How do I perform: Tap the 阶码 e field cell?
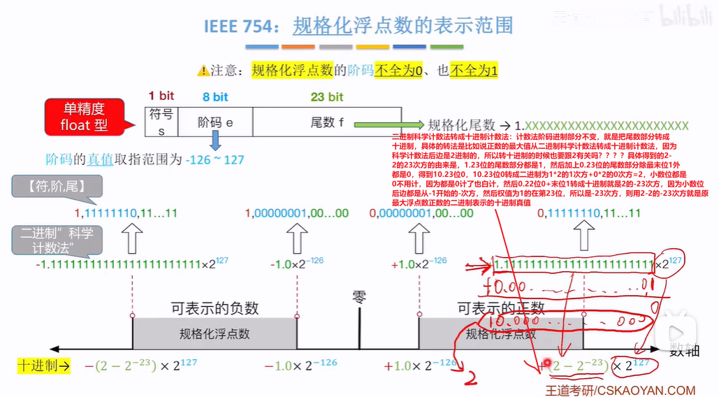[215, 122]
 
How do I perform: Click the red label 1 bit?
[161, 96]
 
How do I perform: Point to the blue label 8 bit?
[215, 96]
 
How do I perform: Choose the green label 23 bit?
[326, 96]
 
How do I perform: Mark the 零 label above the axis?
[359, 299]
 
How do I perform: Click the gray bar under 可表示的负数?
[215, 333]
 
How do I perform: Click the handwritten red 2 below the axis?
[472, 377]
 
